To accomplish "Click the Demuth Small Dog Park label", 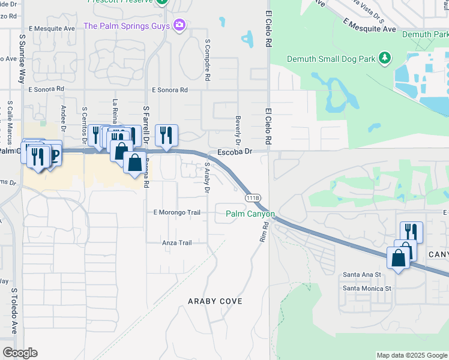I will tap(331, 59).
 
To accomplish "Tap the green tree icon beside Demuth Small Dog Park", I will tap(384, 58).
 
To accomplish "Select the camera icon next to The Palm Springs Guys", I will tap(178, 25).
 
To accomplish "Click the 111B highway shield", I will tap(252, 197).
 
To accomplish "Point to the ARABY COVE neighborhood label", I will tap(215, 301).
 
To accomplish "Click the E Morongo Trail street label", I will tap(176, 212).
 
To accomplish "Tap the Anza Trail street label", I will tap(176, 243).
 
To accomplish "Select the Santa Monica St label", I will tap(367, 288).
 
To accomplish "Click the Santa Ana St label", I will tap(361, 274).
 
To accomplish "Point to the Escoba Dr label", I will tap(234, 152).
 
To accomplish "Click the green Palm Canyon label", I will tap(250, 214).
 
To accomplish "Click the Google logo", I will tap(20, 353).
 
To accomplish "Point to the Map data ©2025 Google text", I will tap(411, 355).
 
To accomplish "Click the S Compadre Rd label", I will tap(208, 61).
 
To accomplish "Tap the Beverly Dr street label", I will tap(238, 131).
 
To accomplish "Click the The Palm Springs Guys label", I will tap(127, 26).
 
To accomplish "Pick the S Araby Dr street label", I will tap(207, 177).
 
